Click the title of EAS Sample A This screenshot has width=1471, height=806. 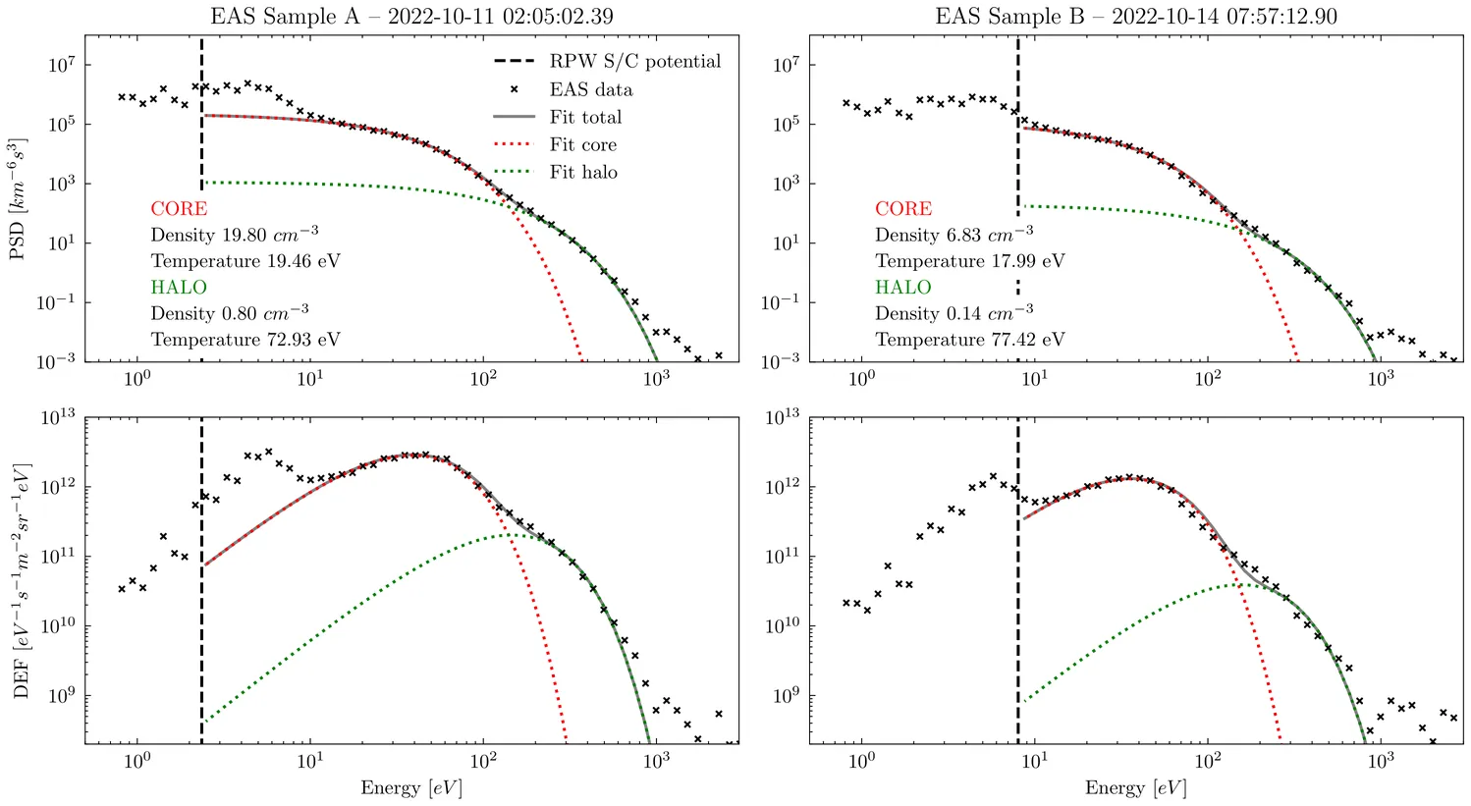click(x=412, y=16)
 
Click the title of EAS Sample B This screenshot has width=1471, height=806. click(x=1136, y=16)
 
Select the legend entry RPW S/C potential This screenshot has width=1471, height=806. click(x=634, y=62)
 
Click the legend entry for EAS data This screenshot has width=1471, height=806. click(x=590, y=89)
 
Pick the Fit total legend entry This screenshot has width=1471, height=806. click(x=585, y=117)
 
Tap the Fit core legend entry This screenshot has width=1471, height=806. click(x=583, y=144)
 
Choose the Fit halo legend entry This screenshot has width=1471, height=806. click(x=583, y=172)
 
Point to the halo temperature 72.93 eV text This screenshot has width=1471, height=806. click(x=245, y=340)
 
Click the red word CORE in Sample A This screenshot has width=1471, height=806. click(x=179, y=209)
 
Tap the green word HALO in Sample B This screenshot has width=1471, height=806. click(x=902, y=288)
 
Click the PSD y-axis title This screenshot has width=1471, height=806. click(x=19, y=199)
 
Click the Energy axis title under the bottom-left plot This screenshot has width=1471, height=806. click(x=410, y=788)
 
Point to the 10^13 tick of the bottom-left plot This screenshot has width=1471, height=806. click(x=58, y=417)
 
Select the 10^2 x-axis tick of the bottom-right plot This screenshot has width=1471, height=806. click(x=1208, y=761)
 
